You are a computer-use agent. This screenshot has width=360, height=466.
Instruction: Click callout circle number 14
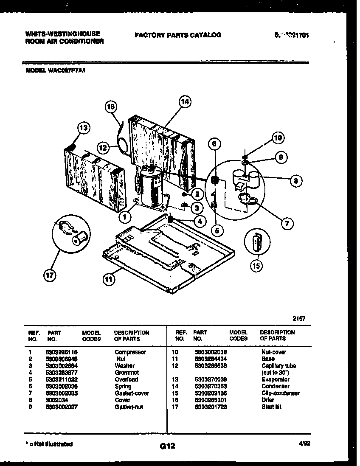185,102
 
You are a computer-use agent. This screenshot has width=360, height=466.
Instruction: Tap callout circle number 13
84,128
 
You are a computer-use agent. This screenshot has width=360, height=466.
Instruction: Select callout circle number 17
50,276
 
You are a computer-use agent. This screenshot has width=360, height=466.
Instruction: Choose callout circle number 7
288,224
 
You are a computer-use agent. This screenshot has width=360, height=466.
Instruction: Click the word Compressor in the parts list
130,352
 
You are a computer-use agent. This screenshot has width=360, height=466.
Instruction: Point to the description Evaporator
276,379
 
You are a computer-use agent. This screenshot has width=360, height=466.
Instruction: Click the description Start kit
272,407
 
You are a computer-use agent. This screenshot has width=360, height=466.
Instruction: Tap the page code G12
168,446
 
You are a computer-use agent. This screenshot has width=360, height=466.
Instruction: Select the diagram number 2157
299,318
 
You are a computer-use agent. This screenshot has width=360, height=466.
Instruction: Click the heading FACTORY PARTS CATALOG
178,35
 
